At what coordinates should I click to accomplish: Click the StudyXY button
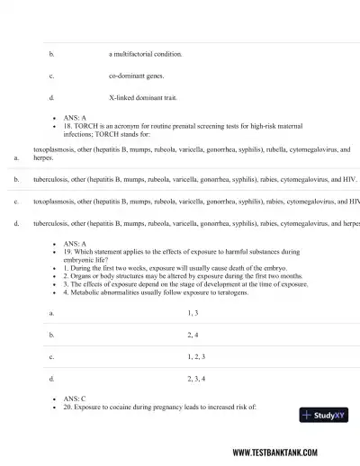click(324, 416)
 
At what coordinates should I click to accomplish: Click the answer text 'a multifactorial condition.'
click(145, 54)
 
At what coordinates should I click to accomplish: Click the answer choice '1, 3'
click(193, 313)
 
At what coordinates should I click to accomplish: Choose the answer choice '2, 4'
click(193, 335)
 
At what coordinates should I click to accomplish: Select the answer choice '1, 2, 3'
click(195, 357)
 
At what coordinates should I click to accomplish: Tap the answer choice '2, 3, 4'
click(195, 379)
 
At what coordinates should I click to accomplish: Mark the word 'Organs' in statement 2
click(82, 277)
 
